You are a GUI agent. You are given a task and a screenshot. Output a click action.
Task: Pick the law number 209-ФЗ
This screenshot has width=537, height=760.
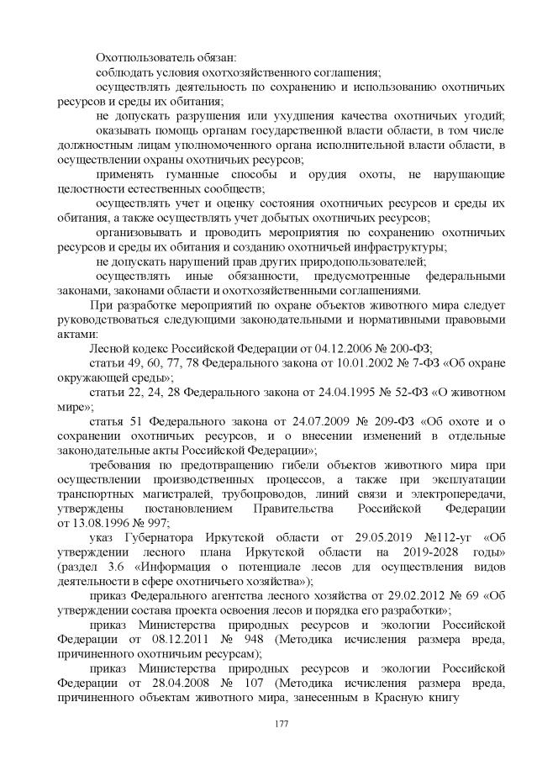pos(370,422)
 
